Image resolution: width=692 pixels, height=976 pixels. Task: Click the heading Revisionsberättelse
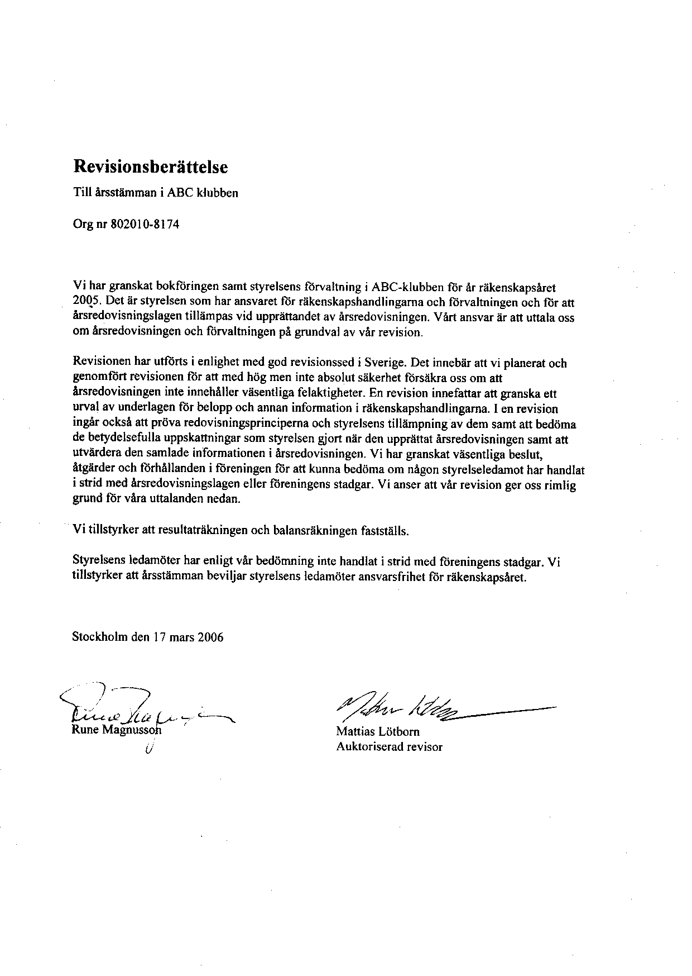[x=151, y=166]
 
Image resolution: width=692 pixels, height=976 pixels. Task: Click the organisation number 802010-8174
[x=146, y=225]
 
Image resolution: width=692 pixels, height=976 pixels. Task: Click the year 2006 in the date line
[x=210, y=637]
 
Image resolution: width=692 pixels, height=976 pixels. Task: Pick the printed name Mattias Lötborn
[x=378, y=731]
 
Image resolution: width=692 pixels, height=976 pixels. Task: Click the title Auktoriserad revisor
[x=389, y=746]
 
